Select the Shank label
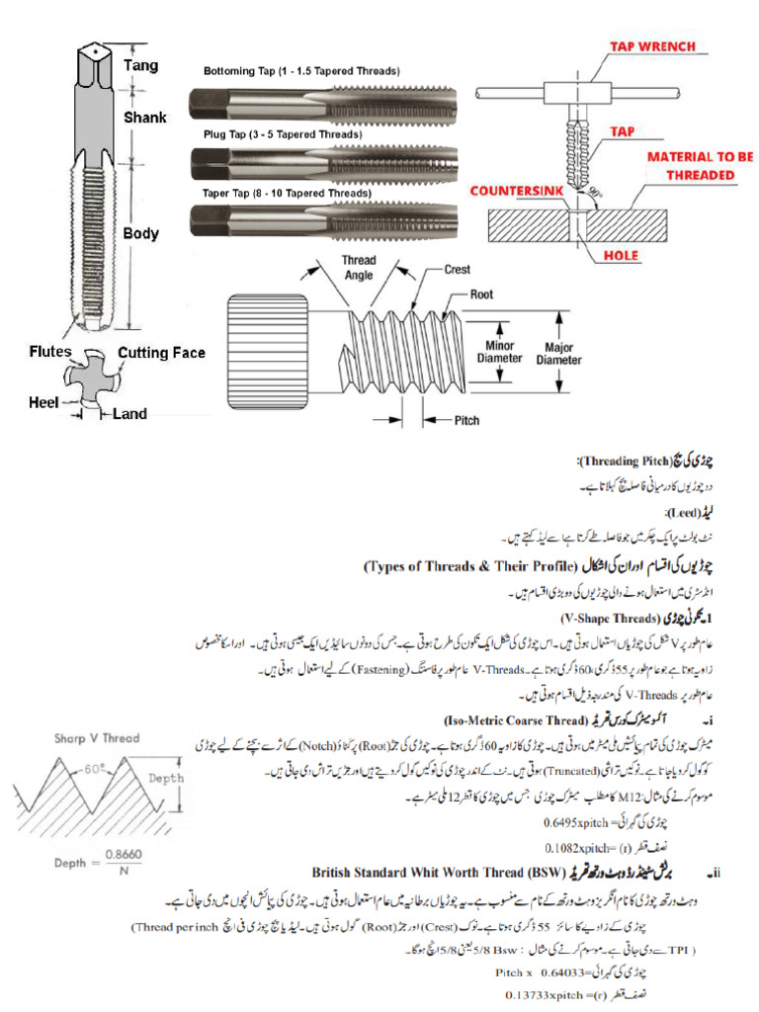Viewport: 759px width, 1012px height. click(x=144, y=117)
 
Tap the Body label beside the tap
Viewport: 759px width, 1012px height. click(x=140, y=234)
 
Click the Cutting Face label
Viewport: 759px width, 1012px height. click(x=161, y=353)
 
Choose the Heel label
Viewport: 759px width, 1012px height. click(x=43, y=401)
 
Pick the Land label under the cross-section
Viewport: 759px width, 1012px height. click(x=129, y=414)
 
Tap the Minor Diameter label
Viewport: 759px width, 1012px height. click(x=498, y=351)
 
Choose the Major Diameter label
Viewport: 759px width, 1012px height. click(x=558, y=354)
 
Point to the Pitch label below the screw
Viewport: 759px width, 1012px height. click(x=466, y=420)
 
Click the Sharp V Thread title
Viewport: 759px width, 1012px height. click(x=98, y=737)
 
